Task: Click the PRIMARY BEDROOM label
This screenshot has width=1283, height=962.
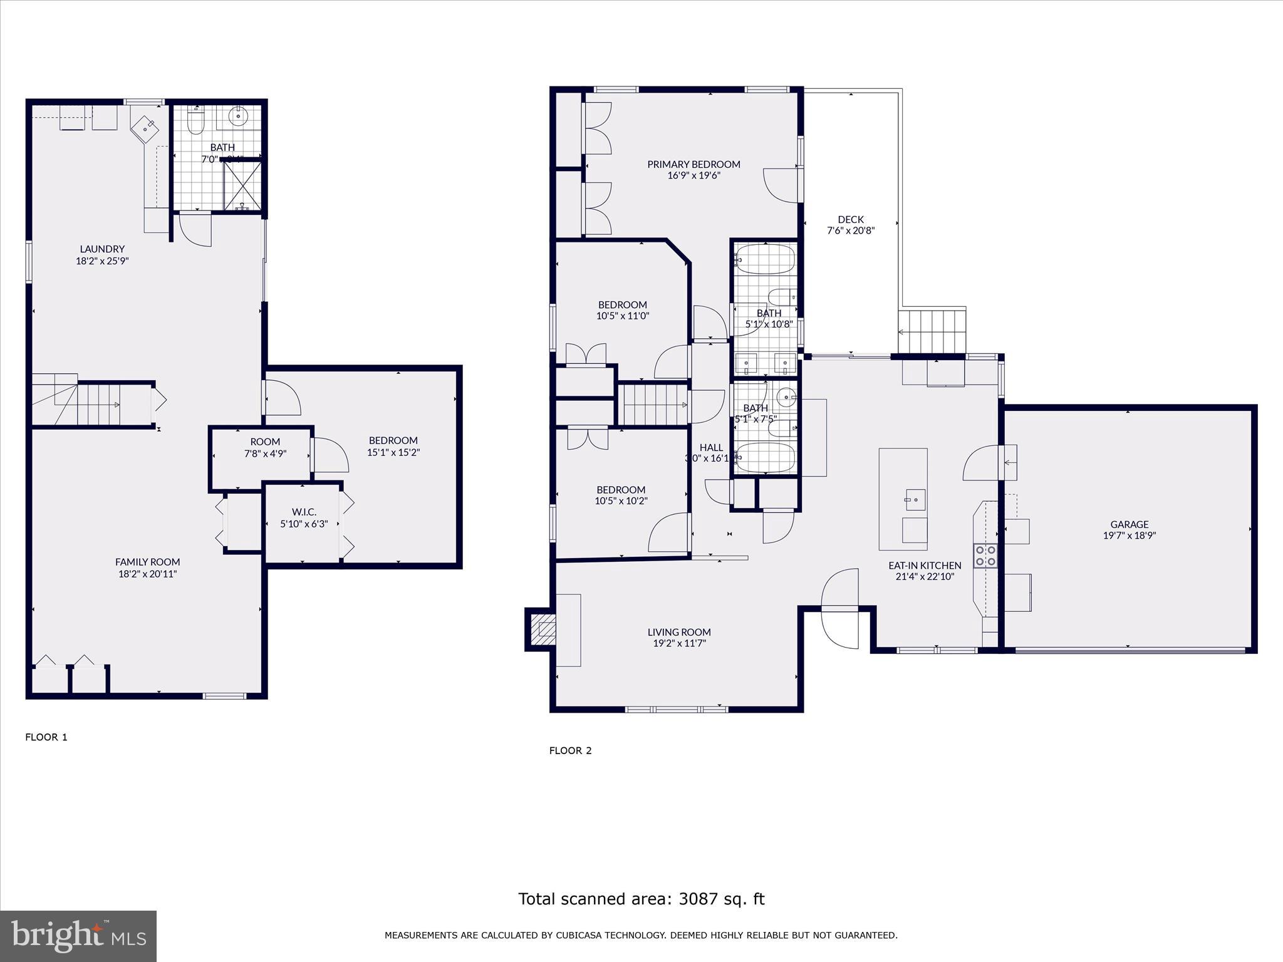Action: coord(693,164)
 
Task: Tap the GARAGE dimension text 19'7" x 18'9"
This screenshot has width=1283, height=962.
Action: coord(1129,535)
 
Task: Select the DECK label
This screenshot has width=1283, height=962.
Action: coord(851,219)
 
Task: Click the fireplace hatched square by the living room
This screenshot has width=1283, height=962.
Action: coord(543,629)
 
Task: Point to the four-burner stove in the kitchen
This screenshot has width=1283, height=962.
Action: coord(985,556)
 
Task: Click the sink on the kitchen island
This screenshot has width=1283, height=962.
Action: coord(915,500)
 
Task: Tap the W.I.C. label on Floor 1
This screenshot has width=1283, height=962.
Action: coord(304,512)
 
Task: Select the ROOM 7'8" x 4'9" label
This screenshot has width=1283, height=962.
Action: coord(265,447)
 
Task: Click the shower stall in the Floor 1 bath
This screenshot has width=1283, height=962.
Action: coord(243,185)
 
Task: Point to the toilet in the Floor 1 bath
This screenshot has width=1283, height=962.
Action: coord(196,121)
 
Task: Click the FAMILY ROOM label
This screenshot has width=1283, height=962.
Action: coord(147,562)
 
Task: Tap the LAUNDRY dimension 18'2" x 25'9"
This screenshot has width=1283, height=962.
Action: coord(102,261)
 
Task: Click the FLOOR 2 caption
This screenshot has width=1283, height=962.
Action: coord(570,750)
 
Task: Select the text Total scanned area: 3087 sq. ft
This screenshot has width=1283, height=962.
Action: coord(641,899)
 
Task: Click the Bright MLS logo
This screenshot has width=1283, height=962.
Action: coord(78,936)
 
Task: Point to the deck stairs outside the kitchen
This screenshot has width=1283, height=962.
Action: coord(932,331)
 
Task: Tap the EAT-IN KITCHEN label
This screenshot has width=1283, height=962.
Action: coord(925,565)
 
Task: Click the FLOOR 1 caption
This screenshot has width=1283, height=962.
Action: coord(46,737)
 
